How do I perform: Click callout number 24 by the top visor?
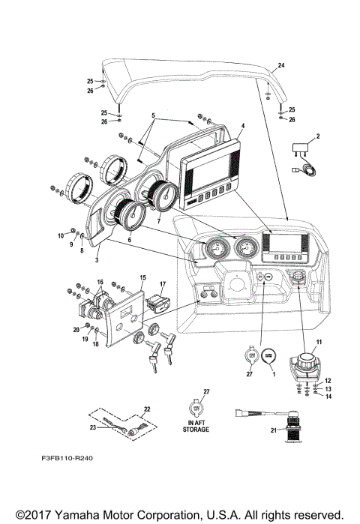(282, 67)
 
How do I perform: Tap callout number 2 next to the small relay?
(318, 136)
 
